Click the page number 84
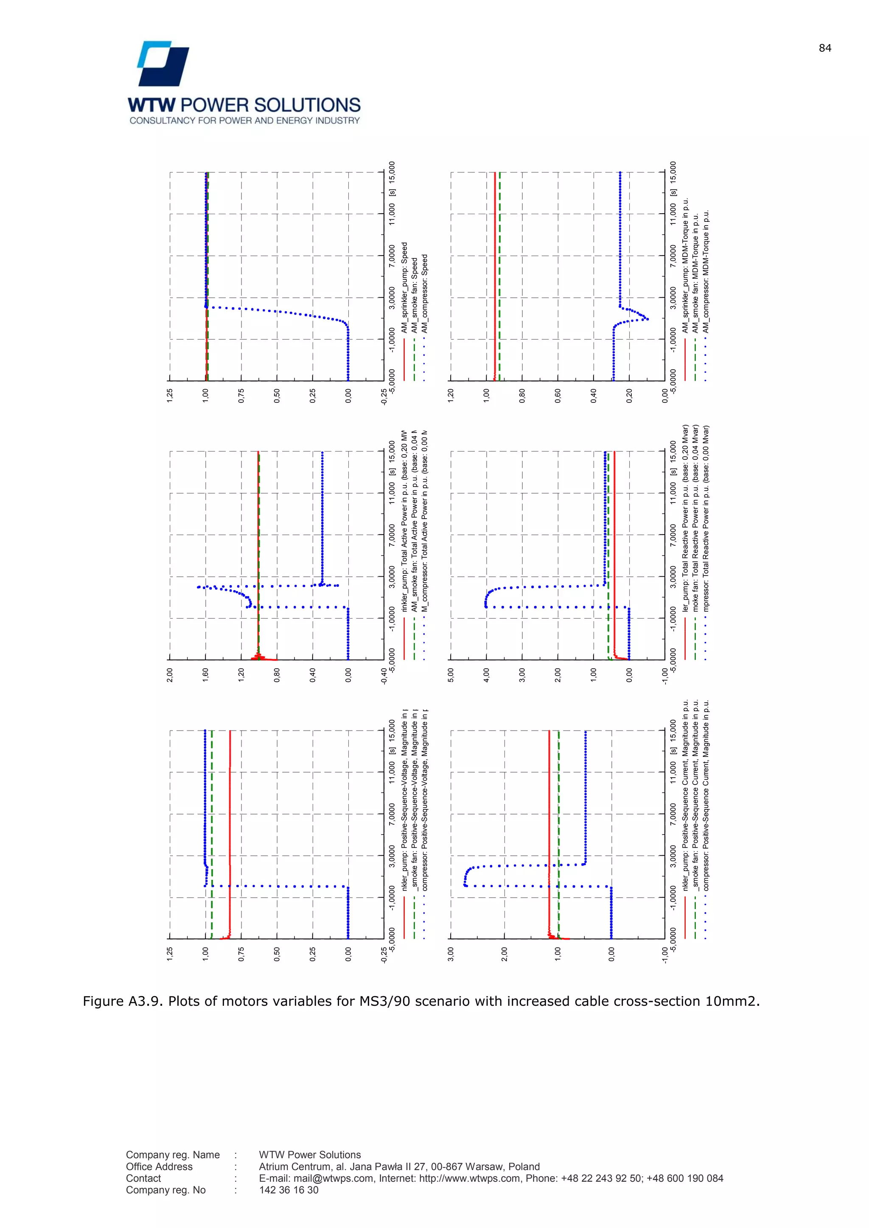[824, 48]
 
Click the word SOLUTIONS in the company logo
[307, 105]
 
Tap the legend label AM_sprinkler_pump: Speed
[404, 288]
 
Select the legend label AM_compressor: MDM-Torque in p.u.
[706, 272]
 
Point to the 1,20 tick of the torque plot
[451, 396]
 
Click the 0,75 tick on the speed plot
[241, 396]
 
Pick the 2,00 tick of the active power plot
[170, 675]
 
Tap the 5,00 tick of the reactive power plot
[451, 675]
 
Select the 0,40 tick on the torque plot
[594, 396]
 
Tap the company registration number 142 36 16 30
[289, 1190]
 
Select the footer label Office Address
[159, 1167]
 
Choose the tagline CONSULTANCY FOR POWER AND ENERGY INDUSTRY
[244, 121]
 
